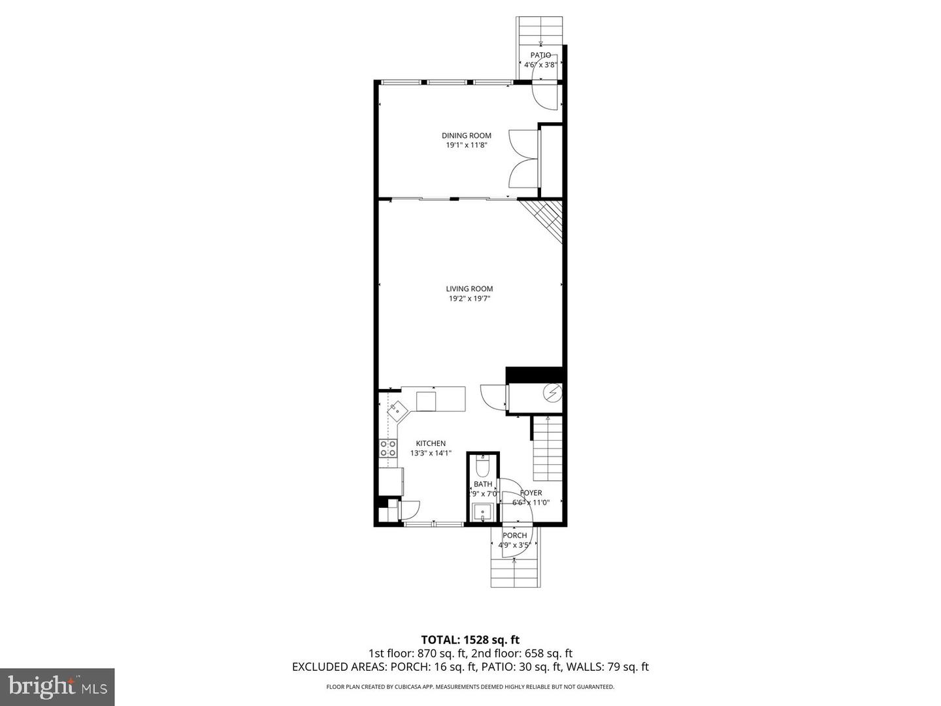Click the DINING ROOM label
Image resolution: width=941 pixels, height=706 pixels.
(x=466, y=136)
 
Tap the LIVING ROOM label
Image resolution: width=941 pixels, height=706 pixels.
(x=469, y=289)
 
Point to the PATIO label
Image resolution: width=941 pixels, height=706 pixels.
(x=540, y=55)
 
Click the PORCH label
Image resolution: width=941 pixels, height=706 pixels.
(x=514, y=535)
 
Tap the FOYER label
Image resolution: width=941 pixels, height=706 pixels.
(x=531, y=493)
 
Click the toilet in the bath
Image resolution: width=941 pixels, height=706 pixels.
(x=483, y=467)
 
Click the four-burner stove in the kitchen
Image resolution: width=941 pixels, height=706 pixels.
(x=388, y=448)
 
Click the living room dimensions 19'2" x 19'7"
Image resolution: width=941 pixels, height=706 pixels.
(x=469, y=299)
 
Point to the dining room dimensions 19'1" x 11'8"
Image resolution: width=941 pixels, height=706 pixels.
(x=466, y=145)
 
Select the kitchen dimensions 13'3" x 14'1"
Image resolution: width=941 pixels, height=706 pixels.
(x=431, y=453)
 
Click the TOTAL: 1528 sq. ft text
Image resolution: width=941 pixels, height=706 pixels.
(x=470, y=639)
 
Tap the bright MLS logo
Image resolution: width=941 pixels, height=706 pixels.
(x=57, y=686)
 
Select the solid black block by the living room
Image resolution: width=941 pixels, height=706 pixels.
(x=534, y=375)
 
